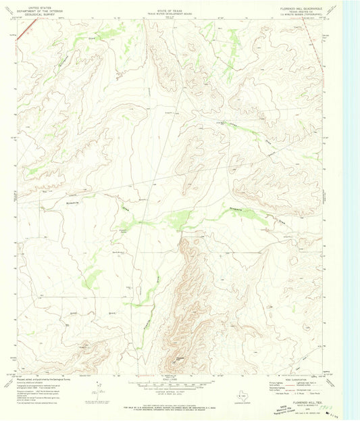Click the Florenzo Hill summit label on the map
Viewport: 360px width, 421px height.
coord(181,358)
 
